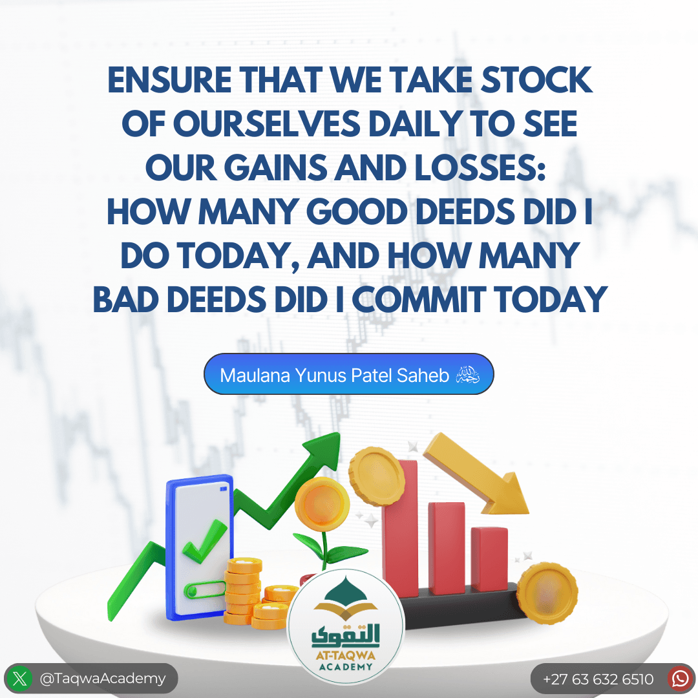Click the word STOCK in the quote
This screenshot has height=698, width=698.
tap(536, 79)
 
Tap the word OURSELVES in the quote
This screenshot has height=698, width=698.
tap(266, 123)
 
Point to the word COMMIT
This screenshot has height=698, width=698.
tap(418, 300)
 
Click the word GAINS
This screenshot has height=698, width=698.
tap(275, 167)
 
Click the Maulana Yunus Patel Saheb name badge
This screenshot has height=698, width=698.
tap(348, 374)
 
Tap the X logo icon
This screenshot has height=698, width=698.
tap(19, 679)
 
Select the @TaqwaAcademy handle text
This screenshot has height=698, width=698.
tap(103, 679)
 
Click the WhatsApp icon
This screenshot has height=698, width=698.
tap(680, 679)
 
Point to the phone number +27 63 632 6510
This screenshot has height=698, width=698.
tap(598, 679)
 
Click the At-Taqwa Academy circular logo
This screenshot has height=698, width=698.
tap(346, 626)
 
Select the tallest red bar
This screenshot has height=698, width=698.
tap(400, 528)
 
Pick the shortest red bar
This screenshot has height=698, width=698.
tap(490, 559)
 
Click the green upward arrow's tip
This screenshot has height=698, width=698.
tap(339, 434)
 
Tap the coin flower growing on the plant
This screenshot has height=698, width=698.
tap(323, 504)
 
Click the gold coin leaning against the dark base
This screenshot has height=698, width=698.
tap(547, 593)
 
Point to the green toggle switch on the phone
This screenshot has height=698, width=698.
tap(204, 590)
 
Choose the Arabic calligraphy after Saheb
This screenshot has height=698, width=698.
tap(467, 375)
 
